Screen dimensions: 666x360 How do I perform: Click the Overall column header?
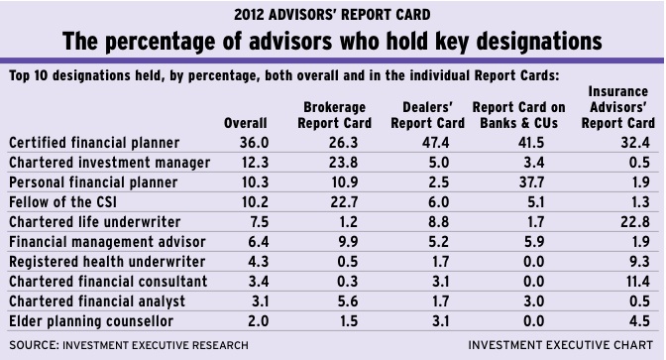[246, 123]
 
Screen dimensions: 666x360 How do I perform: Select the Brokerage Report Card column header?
[334, 115]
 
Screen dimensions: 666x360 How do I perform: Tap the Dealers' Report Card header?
[427, 115]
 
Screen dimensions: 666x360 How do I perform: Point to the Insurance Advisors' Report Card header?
[618, 107]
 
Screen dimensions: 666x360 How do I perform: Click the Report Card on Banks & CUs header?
[518, 115]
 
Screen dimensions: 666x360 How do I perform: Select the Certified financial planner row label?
[94, 143]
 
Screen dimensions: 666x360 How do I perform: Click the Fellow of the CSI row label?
[62, 202]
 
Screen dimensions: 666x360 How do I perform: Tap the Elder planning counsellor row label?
[91, 321]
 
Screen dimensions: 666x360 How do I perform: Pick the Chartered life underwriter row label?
[95, 222]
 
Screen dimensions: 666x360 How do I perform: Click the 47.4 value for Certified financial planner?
[435, 143]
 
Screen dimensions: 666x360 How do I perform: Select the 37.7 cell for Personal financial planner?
[531, 182]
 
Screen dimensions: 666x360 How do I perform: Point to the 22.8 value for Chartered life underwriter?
[635, 222]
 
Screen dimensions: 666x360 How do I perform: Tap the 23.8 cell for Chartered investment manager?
[343, 163]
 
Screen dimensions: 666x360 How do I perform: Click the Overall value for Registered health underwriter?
[259, 262]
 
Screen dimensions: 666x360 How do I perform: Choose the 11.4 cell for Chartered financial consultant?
[637, 282]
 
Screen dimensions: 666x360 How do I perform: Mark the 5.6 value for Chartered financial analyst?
[348, 301]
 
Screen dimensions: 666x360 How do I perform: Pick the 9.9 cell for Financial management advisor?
[348, 242]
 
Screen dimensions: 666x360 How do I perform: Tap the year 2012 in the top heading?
[250, 15]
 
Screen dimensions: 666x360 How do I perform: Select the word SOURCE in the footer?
[34, 345]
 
